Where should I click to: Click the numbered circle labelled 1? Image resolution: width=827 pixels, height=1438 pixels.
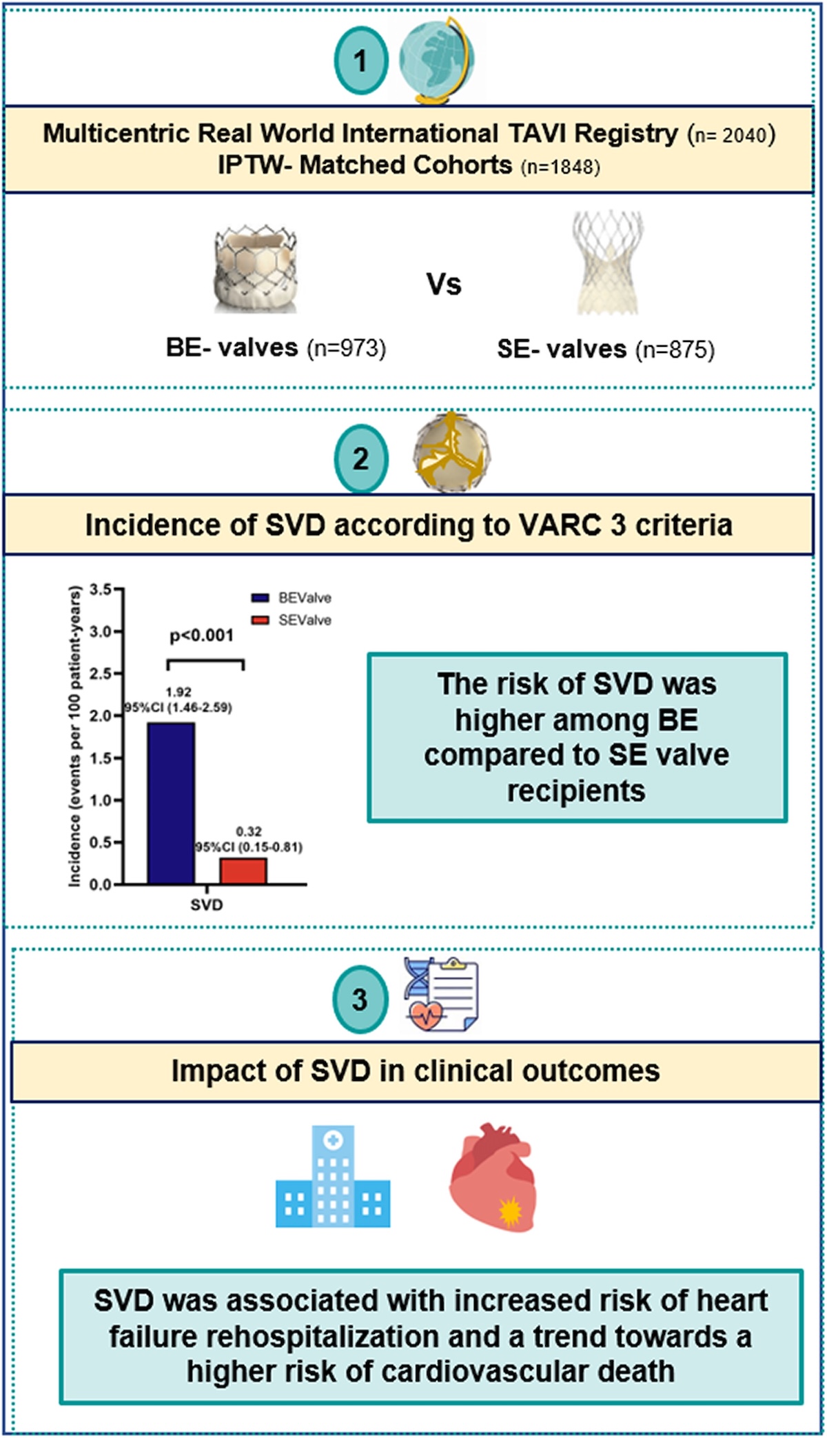tap(360, 61)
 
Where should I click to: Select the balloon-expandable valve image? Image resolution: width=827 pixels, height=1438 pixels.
tap(256, 270)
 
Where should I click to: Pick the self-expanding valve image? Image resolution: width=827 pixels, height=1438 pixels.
tap(607, 263)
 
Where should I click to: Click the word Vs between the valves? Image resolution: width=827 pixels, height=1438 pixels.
tap(444, 284)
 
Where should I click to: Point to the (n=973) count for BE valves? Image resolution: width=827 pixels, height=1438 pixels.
tap(346, 349)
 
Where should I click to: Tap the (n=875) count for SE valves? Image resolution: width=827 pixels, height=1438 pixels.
tap(675, 350)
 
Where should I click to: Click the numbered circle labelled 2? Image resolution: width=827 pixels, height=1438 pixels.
tap(360, 458)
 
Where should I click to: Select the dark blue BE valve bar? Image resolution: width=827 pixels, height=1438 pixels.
tap(171, 803)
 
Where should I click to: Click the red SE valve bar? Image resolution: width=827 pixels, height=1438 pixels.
tap(243, 871)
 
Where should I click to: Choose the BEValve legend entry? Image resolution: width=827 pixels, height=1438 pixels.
tap(291, 598)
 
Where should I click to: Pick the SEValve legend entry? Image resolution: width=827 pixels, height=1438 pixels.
tap(291, 620)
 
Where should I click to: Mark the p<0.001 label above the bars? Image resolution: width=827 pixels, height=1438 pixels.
tap(201, 635)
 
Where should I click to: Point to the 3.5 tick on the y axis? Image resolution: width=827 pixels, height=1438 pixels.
tap(100, 589)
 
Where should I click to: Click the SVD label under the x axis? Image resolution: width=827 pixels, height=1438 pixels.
tap(207, 904)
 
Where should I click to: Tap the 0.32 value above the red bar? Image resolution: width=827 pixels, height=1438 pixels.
tap(249, 831)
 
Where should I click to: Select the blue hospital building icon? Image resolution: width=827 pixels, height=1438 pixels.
tap(333, 1177)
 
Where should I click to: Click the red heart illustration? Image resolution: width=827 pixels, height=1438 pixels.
tap(492, 1177)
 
